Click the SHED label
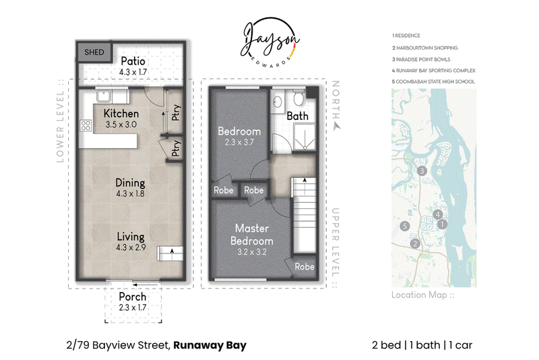coord(94,53)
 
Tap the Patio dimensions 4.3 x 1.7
coord(133,72)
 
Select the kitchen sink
coord(104,96)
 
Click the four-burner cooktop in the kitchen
coord(86,125)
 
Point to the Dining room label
coord(130,183)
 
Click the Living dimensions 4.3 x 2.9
coord(131,247)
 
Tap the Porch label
coord(133,297)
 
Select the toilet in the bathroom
coord(298,98)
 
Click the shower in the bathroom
coord(305,138)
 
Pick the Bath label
coord(298,116)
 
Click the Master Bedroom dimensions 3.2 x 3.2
coord(252,252)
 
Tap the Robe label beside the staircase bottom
coord(305,266)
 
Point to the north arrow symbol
coord(337,127)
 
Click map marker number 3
coord(422,171)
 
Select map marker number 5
coord(405,226)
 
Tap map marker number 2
coord(415,243)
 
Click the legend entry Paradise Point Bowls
coord(421,59)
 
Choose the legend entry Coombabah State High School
coord(433,82)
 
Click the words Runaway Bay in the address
coord(210,345)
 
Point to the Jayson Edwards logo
coord(270,42)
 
